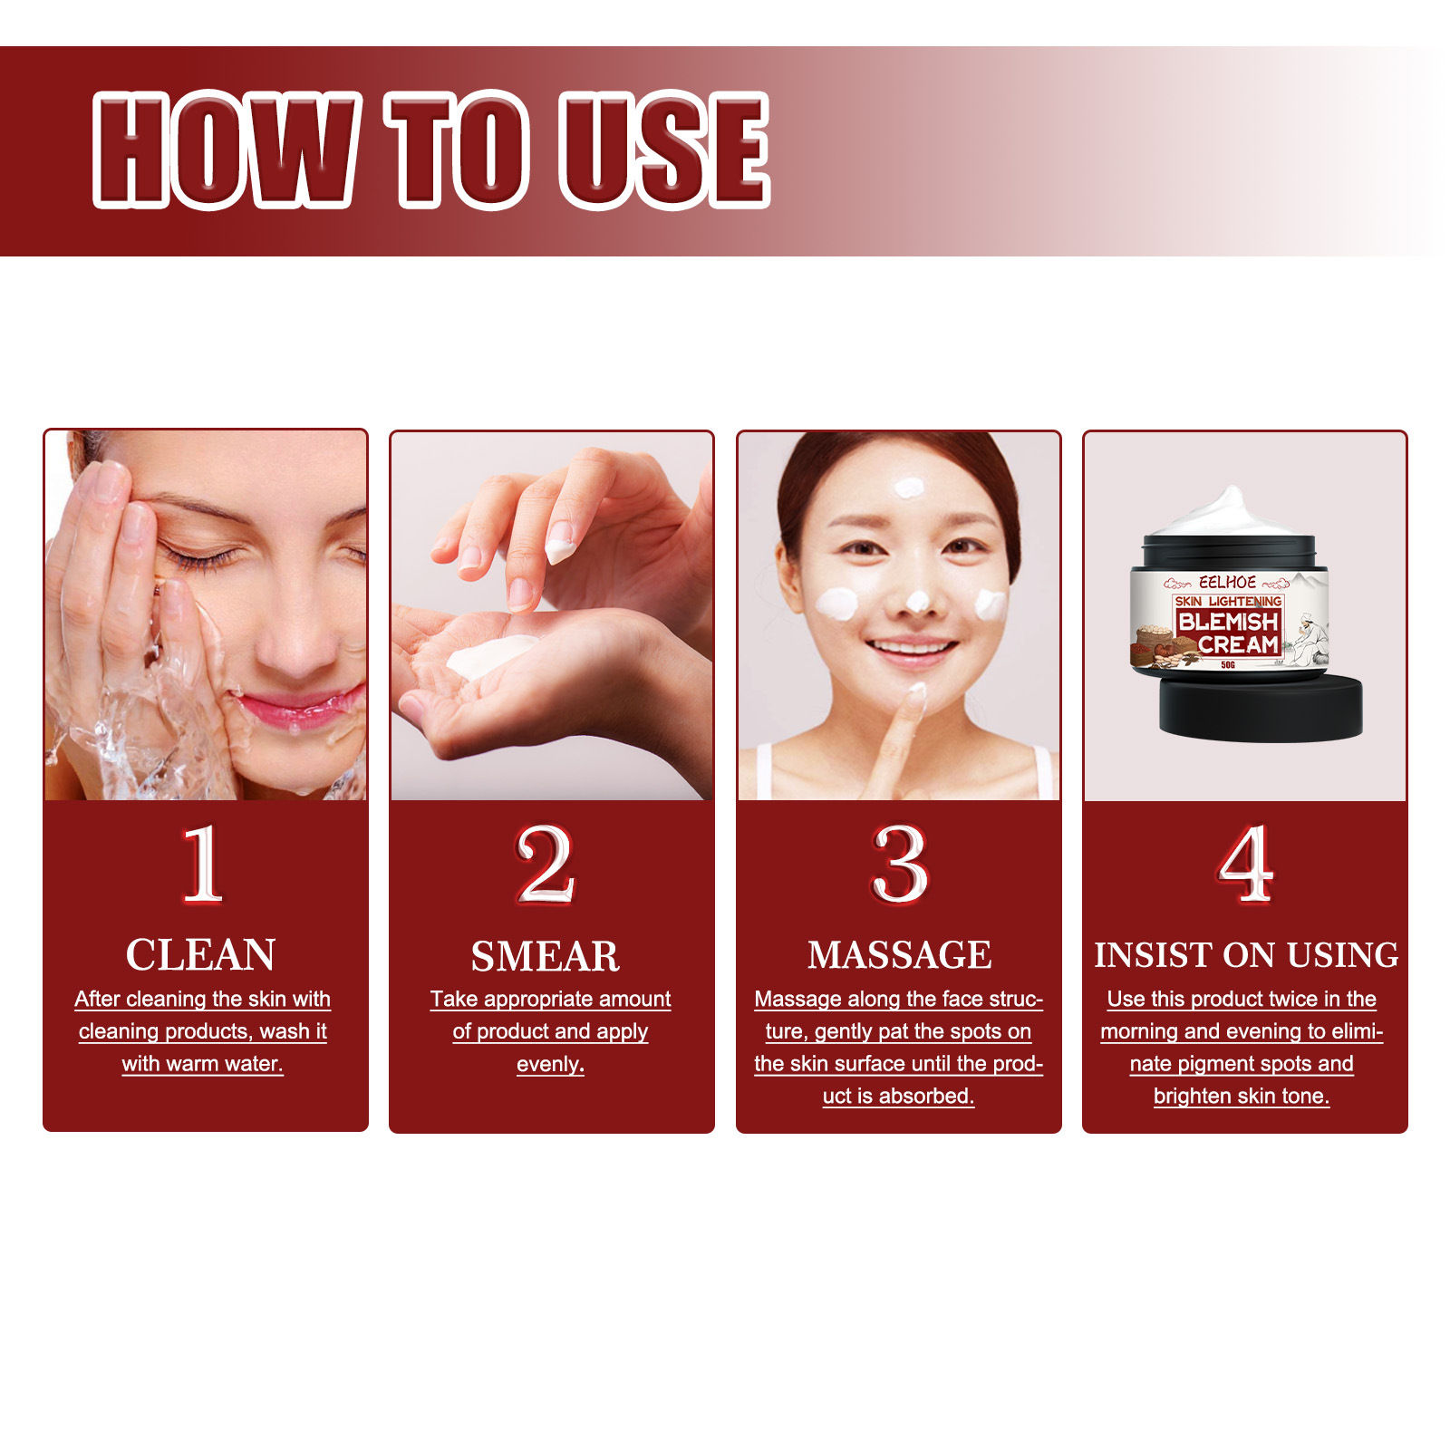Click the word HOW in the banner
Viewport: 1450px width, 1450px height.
(222, 150)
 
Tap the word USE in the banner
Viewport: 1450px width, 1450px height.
(664, 150)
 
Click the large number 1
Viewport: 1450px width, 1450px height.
(202, 864)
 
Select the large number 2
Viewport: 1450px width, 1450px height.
(546, 864)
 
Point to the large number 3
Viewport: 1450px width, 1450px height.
(899, 864)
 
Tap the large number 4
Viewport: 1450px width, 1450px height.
(1245, 864)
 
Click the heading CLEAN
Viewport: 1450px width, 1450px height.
(200, 954)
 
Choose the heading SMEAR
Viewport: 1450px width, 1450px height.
(546, 956)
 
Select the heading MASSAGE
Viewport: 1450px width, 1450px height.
(899, 955)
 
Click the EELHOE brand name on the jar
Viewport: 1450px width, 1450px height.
(1227, 582)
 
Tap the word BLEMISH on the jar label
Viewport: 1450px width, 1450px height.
(1227, 622)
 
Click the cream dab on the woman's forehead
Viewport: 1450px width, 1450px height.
(909, 488)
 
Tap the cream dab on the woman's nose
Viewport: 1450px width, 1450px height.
(917, 601)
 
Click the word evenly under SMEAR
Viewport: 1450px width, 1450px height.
(550, 1064)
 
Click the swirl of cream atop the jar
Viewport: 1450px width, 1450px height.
(1229, 512)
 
